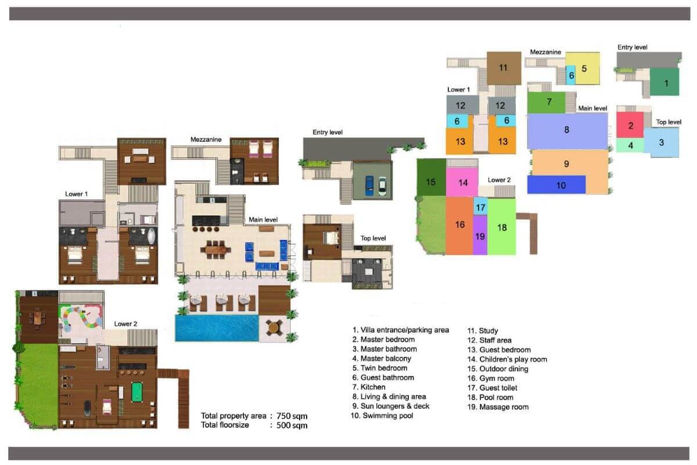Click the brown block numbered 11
(504, 68)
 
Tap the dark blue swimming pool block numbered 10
(556, 185)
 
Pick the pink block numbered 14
(462, 182)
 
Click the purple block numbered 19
(480, 235)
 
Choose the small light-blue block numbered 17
(480, 206)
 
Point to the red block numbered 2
(630, 125)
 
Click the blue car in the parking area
(369, 185)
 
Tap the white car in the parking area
(382, 186)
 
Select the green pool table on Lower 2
(137, 392)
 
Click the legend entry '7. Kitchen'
(369, 387)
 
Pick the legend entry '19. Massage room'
(498, 407)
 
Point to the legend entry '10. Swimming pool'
(382, 416)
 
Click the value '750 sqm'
(292, 416)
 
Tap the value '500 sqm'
(292, 425)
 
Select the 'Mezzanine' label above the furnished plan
(206, 139)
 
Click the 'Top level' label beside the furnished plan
(373, 238)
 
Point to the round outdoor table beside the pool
(274, 328)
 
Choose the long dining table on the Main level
(215, 250)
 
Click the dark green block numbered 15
(431, 177)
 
